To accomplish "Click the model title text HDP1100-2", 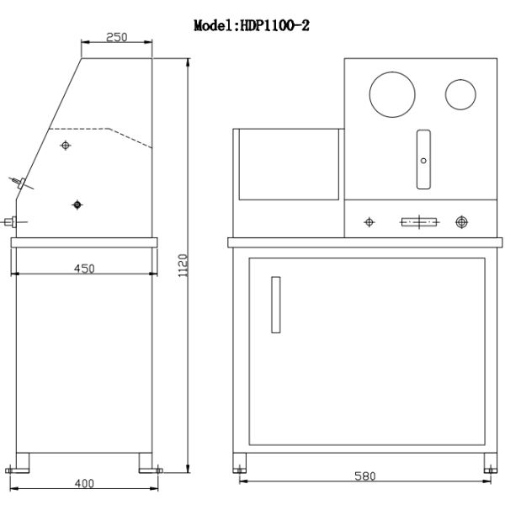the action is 274,25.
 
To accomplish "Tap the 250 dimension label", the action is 117,37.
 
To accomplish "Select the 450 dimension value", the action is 84,268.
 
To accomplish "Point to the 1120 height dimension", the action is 183,265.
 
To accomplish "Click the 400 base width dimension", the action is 84,483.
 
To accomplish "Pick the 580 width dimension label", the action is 365,476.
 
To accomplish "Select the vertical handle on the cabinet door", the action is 276,305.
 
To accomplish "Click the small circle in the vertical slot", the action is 423,161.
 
